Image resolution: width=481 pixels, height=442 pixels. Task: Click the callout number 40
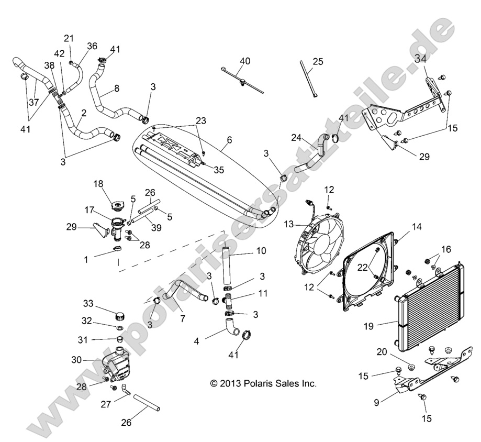pyautogui.click(x=244, y=61)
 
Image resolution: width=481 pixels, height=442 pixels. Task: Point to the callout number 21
pyautogui.click(x=69, y=38)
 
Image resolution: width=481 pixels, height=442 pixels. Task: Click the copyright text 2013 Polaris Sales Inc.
pyautogui.click(x=263, y=383)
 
